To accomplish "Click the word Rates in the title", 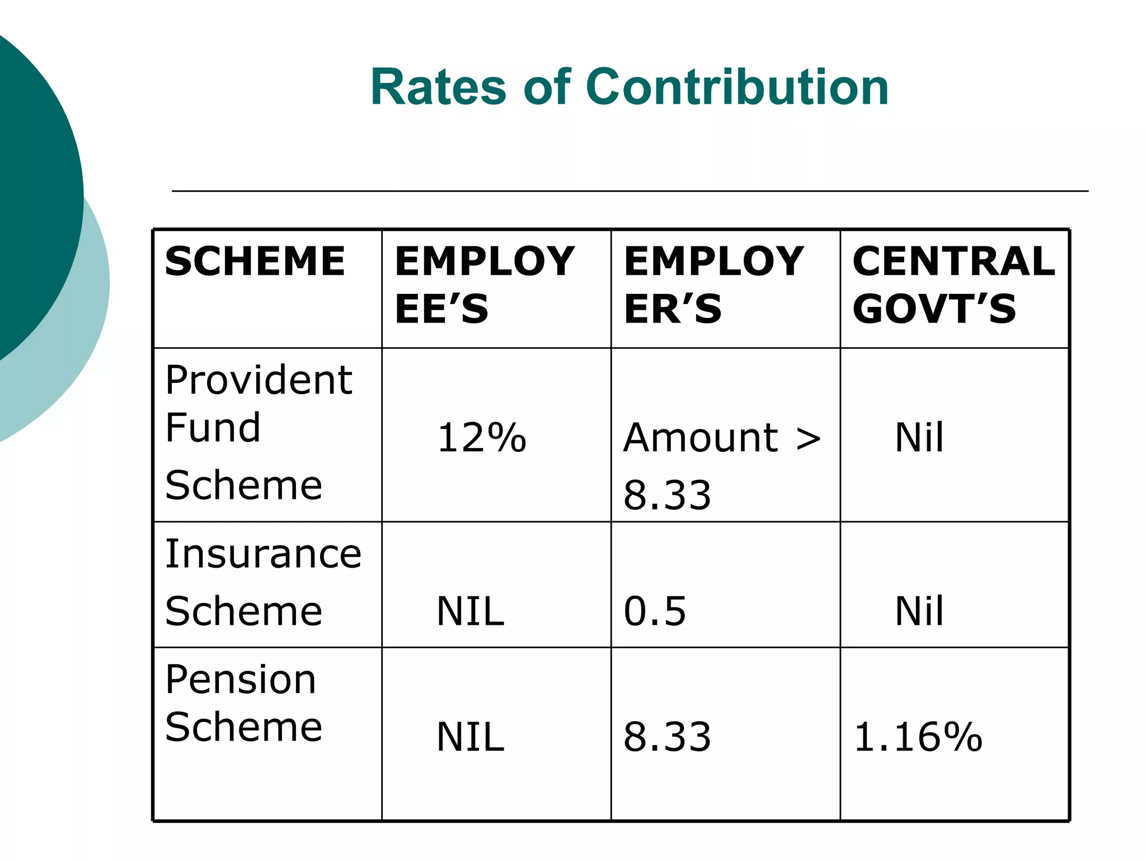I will [x=438, y=87].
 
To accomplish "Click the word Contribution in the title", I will [x=737, y=87].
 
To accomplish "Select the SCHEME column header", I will [x=255, y=261].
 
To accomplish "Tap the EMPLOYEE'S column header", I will [x=484, y=285].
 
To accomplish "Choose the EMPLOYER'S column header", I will [x=713, y=285].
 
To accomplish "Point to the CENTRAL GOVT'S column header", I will [x=954, y=285].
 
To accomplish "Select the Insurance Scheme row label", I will [x=263, y=582].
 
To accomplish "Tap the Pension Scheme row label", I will [x=243, y=703].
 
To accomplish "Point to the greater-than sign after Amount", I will [x=808, y=438].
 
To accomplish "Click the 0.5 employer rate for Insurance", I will [x=655, y=611].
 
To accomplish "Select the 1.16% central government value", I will [x=918, y=737].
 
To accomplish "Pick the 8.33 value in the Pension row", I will [x=667, y=737].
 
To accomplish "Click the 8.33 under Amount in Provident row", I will [x=667, y=495].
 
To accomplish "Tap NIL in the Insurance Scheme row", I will [x=470, y=611].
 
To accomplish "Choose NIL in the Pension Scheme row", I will [x=470, y=737].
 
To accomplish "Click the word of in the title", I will [x=547, y=87].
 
